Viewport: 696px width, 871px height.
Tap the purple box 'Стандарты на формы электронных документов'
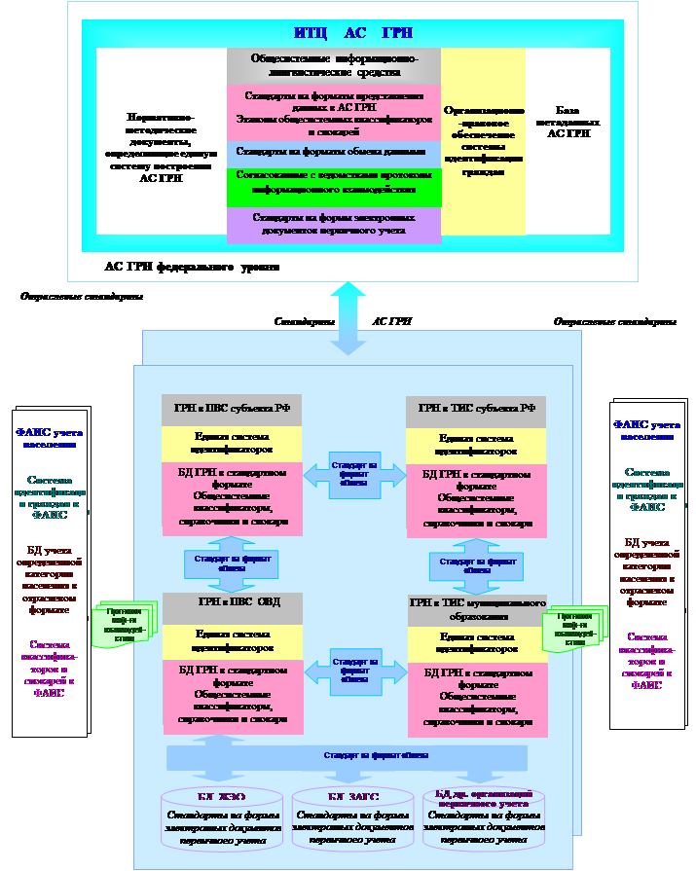coord(334,225)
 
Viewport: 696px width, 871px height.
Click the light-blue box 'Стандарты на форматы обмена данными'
coord(334,153)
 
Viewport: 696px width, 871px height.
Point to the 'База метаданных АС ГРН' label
coord(568,122)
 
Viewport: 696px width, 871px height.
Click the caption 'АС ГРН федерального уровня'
coord(192,266)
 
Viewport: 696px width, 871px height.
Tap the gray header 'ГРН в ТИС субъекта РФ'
coord(476,409)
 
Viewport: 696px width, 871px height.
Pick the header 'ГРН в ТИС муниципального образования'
coord(476,610)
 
